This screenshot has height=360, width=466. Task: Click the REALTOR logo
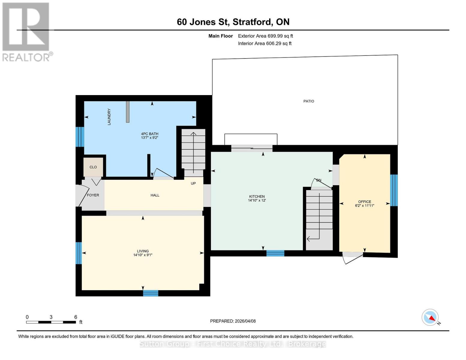(26, 32)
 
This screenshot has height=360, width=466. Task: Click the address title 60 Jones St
(233, 22)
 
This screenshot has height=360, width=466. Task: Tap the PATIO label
(308, 101)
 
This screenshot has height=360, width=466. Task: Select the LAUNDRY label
(109, 117)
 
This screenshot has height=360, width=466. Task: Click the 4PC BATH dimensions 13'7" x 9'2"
(149, 138)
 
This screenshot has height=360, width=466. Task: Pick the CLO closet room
(93, 167)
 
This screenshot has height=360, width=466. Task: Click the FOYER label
(93, 195)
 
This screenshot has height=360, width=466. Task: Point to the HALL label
(155, 195)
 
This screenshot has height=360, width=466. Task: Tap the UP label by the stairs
(193, 183)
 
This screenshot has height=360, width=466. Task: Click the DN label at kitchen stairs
(319, 180)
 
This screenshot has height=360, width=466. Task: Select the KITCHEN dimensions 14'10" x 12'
(257, 200)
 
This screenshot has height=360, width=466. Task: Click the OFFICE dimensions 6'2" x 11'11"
(365, 206)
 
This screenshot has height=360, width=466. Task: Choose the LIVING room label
(143, 251)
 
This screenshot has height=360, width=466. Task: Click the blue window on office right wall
(394, 190)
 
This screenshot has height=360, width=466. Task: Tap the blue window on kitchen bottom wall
(275, 253)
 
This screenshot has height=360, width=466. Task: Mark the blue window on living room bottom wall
(150, 293)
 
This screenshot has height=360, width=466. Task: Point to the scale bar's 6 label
(76, 317)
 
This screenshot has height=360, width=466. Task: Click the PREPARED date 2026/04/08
(233, 321)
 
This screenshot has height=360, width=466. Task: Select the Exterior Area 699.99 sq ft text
(265, 36)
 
